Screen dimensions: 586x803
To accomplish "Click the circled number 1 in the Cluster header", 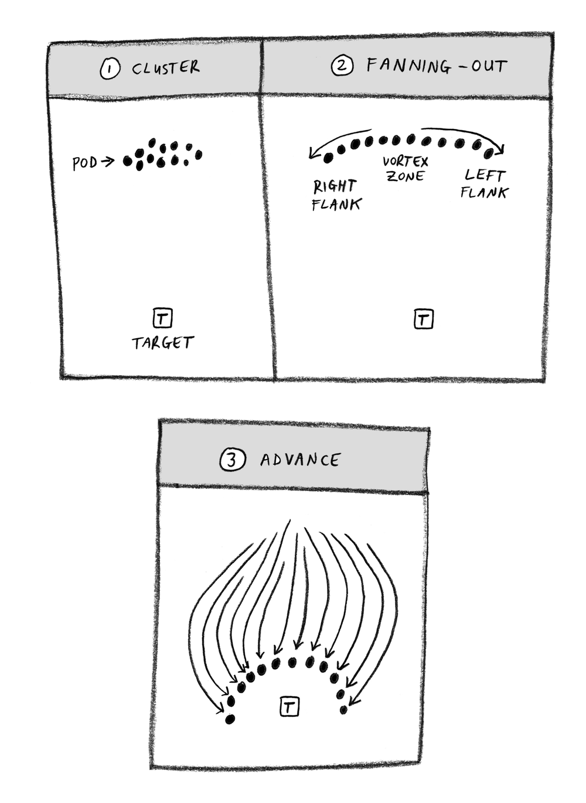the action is tap(110, 69).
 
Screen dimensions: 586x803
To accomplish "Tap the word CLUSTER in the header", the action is tap(166, 68).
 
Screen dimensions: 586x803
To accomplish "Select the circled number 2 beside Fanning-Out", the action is tap(342, 66).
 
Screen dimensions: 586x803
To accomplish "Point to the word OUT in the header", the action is tap(489, 66).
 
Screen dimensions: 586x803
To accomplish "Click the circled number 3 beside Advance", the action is tap(233, 460).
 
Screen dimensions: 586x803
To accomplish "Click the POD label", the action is tap(85, 163).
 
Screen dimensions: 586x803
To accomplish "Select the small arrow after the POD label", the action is tap(107, 162).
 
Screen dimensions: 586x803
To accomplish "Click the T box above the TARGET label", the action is tap(162, 317).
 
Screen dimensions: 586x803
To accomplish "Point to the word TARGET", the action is tap(163, 343).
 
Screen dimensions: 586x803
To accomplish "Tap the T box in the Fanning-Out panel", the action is tap(423, 319).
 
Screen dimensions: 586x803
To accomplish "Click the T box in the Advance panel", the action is tap(289, 706).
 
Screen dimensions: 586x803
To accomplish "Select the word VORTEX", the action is tap(406, 162).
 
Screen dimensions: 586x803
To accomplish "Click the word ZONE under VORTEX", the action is tap(406, 176).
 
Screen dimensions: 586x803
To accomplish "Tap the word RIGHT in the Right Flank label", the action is tap(335, 186).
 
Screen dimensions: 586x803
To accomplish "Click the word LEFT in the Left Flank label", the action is tap(485, 175).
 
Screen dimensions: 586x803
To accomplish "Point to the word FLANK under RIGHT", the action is tap(336, 205).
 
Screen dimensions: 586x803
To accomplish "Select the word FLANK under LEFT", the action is tap(484, 192).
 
